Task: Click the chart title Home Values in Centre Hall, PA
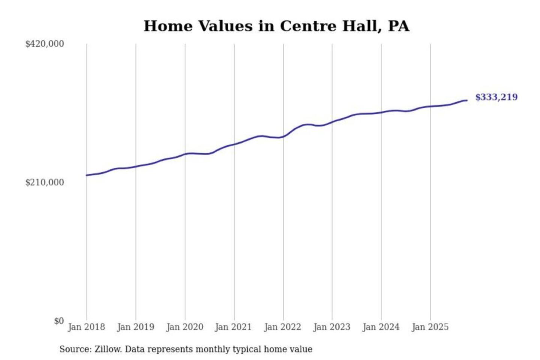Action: click(276, 26)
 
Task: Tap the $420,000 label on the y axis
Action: click(45, 44)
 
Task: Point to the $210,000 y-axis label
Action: click(45, 183)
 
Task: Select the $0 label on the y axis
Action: click(59, 321)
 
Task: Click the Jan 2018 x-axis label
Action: click(86, 327)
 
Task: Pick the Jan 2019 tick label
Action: click(135, 327)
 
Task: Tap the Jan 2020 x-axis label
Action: click(184, 327)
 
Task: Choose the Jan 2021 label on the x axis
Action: click(233, 327)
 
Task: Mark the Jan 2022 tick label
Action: click(282, 327)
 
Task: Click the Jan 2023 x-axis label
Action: click(331, 327)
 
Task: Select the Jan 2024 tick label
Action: click(381, 327)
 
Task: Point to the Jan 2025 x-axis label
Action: click(430, 327)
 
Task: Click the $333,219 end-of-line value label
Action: click(496, 97)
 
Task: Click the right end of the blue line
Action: click(466, 100)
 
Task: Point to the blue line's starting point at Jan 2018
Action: click(87, 175)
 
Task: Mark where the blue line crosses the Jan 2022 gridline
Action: click(283, 136)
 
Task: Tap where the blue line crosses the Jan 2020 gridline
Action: click(185, 154)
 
